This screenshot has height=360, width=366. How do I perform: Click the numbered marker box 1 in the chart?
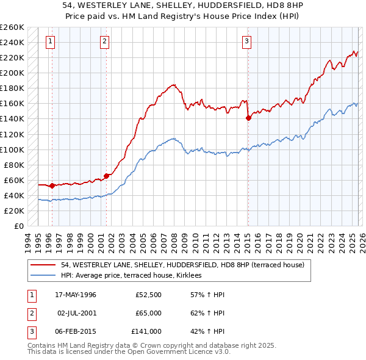tap(49, 41)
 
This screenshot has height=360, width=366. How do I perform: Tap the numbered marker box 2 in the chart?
tap(105, 41)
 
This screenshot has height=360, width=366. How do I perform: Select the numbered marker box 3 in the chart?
tap(246, 41)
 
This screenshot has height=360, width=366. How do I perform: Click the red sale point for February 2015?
tap(248, 118)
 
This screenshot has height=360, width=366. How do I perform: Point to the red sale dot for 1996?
tap(52, 185)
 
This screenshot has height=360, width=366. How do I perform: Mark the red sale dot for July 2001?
tap(106, 176)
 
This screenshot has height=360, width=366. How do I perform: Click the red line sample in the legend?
tap(44, 265)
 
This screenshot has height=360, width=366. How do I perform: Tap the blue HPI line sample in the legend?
tap(44, 275)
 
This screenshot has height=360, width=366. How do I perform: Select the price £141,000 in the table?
tap(146, 331)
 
